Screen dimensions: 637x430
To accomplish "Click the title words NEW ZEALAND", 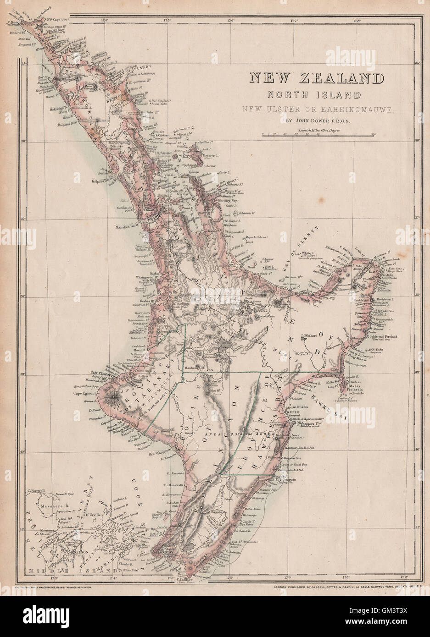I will click(316, 78).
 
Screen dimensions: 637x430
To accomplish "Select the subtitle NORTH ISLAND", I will click(316, 95).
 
